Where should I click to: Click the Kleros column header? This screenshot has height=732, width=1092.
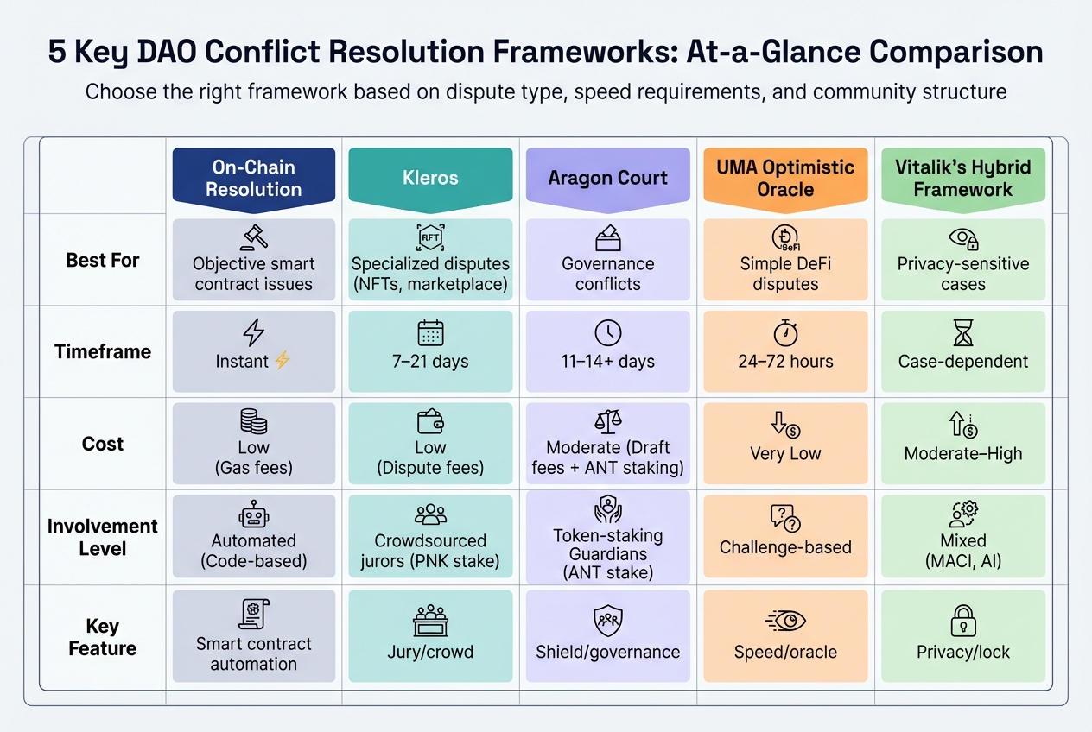tap(429, 178)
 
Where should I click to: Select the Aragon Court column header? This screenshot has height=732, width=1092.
tap(607, 178)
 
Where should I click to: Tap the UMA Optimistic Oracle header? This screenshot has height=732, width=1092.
tap(784, 178)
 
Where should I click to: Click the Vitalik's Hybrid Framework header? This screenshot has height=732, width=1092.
tap(962, 178)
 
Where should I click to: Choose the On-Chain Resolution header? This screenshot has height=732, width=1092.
tap(253, 178)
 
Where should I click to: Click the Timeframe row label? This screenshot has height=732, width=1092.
tap(103, 352)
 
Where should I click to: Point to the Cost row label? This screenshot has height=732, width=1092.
tap(103, 444)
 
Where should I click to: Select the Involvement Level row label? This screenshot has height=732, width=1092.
tap(103, 537)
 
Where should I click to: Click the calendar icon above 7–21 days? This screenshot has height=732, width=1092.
tap(429, 332)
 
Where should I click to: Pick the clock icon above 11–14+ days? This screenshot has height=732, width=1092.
tap(607, 332)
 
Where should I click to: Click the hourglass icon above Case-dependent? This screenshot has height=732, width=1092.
tap(962, 332)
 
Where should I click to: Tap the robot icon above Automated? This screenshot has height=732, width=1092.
tap(253, 515)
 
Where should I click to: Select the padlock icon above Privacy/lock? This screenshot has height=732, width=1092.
tap(962, 621)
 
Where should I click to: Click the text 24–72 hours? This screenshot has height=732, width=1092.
tap(785, 362)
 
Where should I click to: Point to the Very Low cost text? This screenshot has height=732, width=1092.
tap(785, 454)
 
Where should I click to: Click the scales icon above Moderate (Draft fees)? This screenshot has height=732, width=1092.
tap(607, 421)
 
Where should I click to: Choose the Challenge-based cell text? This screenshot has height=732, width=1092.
tap(785, 547)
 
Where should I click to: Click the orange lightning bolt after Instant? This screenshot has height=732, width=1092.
tap(282, 362)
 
